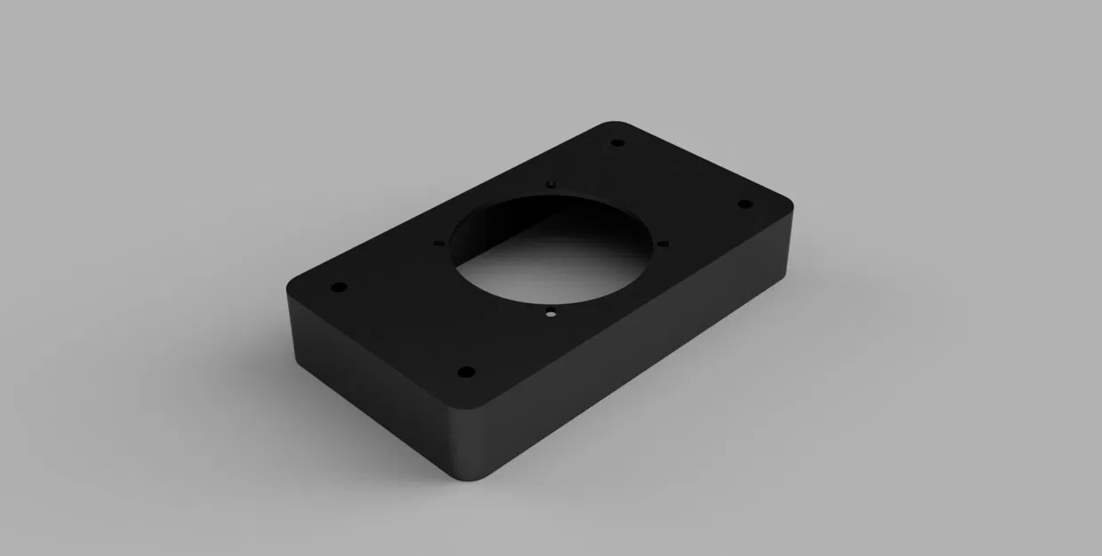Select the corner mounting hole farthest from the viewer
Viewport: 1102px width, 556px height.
pos(617,143)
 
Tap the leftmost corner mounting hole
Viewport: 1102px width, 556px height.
pos(338,288)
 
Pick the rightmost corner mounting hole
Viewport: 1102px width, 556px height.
pos(745,205)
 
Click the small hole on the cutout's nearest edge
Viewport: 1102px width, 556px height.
pos(551,312)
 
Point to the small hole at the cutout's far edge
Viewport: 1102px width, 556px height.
pos(551,183)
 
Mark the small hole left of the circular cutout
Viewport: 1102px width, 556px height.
pos(438,242)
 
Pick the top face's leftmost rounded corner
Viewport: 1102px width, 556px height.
pos(292,287)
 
